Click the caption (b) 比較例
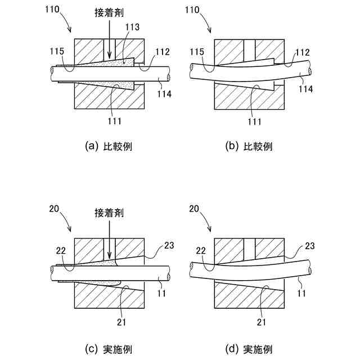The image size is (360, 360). click(x=249, y=147)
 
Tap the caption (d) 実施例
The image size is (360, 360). click(x=249, y=349)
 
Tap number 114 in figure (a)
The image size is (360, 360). click(x=164, y=94)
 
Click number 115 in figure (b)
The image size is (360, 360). click(x=197, y=52)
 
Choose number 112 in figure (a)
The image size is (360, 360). click(x=163, y=52)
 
